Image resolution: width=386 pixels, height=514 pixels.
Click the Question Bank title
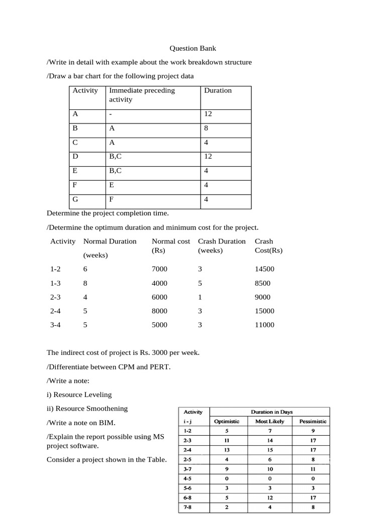192,49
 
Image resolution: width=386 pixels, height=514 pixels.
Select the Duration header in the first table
218,91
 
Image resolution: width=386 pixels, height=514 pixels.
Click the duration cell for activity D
208,157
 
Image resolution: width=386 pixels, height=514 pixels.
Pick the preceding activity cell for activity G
112,199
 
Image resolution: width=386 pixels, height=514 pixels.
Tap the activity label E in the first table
75,171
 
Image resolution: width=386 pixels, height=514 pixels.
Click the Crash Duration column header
222,241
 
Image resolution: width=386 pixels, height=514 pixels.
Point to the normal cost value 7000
159,269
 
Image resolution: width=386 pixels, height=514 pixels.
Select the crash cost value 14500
265,269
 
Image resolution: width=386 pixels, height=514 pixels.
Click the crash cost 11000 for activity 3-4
265,325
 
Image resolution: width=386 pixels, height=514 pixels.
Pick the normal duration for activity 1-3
85,283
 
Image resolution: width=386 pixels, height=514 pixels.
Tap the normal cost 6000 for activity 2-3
159,297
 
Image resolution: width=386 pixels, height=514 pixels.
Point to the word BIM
108,423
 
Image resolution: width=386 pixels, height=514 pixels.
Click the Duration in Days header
271,412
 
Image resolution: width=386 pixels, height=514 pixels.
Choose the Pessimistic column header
313,421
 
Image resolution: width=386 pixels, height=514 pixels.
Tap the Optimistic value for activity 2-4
227,450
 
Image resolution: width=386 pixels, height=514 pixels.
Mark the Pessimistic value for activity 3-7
313,469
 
